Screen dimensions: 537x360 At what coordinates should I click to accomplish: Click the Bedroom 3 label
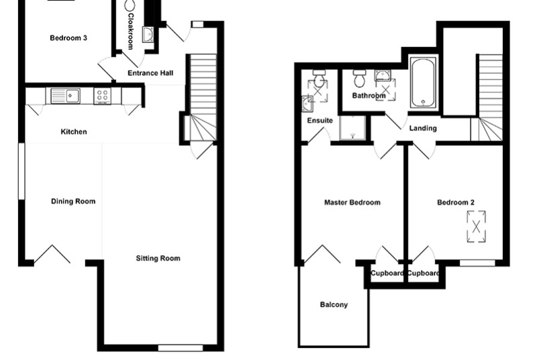pos(68,38)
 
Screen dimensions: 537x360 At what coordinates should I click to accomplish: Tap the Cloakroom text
pos(130,32)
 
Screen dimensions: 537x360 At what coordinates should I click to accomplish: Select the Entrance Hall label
pos(150,73)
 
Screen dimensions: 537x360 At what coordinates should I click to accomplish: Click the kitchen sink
pos(65,96)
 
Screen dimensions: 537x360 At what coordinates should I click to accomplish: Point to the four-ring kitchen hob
pos(103,96)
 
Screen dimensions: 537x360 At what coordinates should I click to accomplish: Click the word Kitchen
pos(74,132)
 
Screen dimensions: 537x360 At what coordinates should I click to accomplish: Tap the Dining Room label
pos(73,201)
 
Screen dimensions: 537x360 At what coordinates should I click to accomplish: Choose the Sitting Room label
pos(158,259)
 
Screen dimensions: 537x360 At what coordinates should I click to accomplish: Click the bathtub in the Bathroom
pos(424,83)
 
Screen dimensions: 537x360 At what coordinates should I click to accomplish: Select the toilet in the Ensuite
pos(320,79)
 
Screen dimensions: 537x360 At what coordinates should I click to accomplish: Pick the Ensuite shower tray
pos(352,128)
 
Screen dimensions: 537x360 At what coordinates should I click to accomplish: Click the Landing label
pos(423,128)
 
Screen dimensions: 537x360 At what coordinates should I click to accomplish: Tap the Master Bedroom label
pos(352,202)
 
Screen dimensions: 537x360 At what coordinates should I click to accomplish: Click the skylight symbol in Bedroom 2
pos(476,227)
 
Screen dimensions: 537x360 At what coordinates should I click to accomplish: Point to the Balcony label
pos(334,304)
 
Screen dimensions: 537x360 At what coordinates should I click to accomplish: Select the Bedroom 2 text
pos(456,202)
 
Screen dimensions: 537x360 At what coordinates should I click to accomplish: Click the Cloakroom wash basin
pos(148,35)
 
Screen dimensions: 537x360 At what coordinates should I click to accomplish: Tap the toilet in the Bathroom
pos(359,79)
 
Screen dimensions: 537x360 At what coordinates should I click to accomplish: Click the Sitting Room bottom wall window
pos(181,348)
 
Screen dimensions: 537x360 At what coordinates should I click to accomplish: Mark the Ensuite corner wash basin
pos(307,104)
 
